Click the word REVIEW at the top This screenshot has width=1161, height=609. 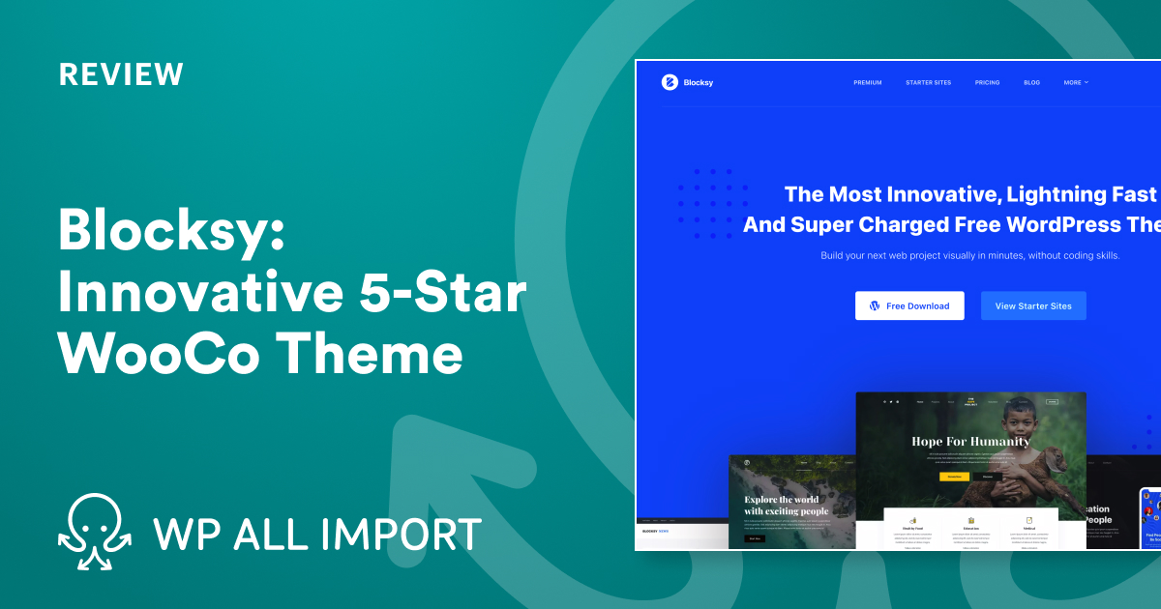[x=120, y=74]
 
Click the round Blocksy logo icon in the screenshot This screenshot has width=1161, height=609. [x=670, y=82]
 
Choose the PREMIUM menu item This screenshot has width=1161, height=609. [x=867, y=83]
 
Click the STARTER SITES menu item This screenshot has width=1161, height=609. [x=928, y=83]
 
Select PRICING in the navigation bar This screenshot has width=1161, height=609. [x=987, y=83]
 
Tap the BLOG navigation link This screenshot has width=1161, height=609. [x=1031, y=83]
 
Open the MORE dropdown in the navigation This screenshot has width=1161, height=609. [x=1076, y=83]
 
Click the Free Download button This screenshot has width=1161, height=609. [x=909, y=305]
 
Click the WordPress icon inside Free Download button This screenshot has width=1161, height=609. [x=875, y=305]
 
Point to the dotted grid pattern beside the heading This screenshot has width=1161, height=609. [x=712, y=203]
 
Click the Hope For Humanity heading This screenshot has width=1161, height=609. [x=970, y=441]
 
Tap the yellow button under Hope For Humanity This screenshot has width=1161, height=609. [x=954, y=476]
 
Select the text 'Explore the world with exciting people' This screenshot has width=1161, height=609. [x=787, y=505]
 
